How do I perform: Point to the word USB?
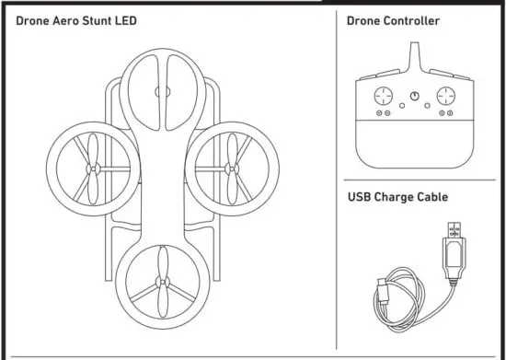pyautogui.click(x=358, y=196)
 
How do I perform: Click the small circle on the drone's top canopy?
pyautogui.click(x=163, y=91)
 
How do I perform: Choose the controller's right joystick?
pyautogui.click(x=445, y=96)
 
